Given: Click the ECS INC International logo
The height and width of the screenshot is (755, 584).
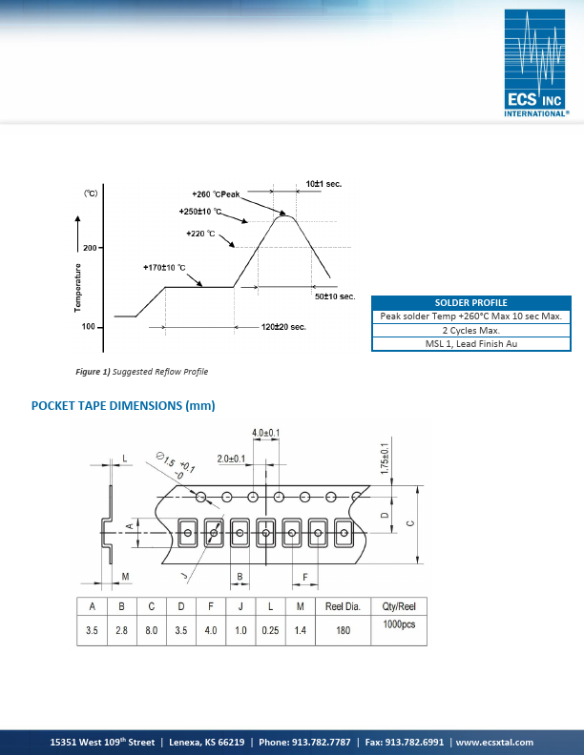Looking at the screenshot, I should [536, 62].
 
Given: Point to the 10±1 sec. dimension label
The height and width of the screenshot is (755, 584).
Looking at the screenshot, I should [324, 182].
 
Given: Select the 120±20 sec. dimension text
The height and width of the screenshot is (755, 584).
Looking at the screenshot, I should [283, 327].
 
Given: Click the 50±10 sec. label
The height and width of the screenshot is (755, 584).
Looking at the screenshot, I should [335, 296].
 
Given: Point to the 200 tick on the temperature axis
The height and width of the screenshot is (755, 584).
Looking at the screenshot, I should [89, 248].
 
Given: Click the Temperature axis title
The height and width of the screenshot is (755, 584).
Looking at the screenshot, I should [77, 287].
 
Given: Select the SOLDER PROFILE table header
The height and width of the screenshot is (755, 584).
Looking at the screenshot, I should [470, 302].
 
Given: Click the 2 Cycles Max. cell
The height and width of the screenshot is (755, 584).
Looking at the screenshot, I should [470, 330].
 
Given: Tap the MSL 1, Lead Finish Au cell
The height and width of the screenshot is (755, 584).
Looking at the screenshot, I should [470, 344].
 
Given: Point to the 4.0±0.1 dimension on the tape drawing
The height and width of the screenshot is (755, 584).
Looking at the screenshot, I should [265, 433].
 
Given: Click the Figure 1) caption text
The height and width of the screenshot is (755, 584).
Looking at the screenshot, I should [141, 371].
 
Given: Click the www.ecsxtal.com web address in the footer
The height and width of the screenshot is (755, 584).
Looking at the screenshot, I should [494, 742].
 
